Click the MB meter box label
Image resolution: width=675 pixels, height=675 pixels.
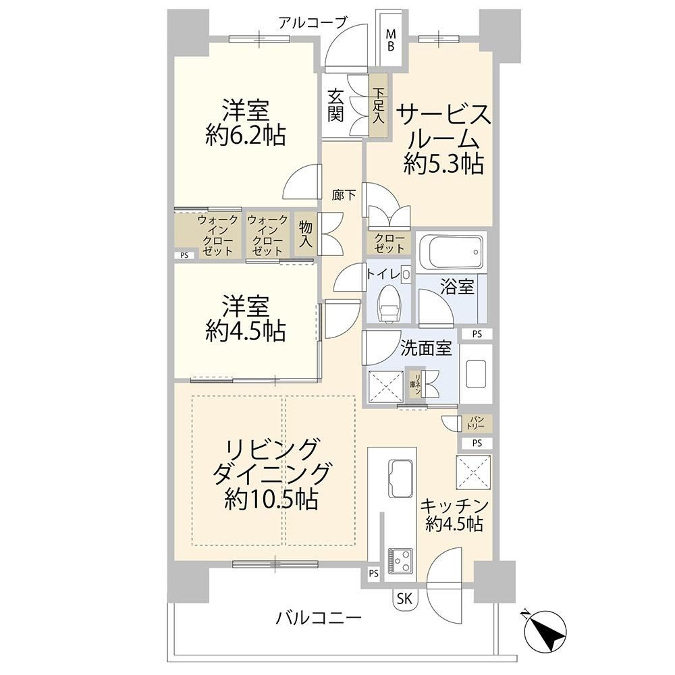[391, 40]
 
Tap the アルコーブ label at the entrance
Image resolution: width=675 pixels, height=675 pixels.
[312, 22]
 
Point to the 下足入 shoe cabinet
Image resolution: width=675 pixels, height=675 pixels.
[378, 106]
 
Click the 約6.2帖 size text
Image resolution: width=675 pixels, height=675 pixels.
[246, 136]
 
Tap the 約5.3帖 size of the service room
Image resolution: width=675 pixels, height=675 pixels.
[443, 163]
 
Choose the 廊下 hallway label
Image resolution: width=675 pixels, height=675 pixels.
[344, 196]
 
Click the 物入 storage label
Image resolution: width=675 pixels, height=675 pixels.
[306, 234]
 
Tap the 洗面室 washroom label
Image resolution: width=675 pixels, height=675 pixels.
[426, 348]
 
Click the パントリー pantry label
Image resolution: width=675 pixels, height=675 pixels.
[476, 423]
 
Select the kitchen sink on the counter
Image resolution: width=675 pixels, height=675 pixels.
[401, 478]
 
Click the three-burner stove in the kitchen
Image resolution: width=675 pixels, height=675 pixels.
[400, 561]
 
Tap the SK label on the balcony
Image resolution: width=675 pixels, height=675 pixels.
[404, 598]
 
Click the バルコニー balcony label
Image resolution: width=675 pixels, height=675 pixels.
[318, 619]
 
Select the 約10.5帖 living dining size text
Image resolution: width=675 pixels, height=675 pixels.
[271, 500]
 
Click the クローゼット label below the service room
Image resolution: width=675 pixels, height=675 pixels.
[389, 244]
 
